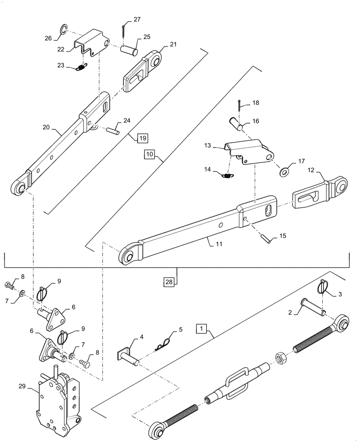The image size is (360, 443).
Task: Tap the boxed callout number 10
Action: [149, 154]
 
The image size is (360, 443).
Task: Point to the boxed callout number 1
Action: [202, 329]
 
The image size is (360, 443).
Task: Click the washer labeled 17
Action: [283, 170]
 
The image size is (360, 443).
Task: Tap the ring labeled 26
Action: [63, 30]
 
